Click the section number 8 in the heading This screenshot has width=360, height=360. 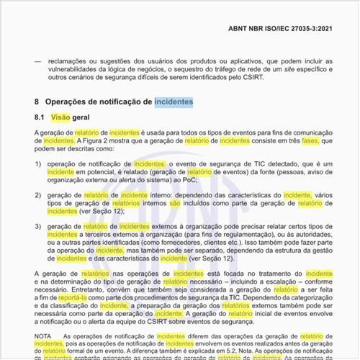coord(37,102)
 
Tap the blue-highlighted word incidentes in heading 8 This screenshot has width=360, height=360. coord(173,102)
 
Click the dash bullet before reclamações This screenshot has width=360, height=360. coord(37,61)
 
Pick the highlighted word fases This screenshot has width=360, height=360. coord(312,141)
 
